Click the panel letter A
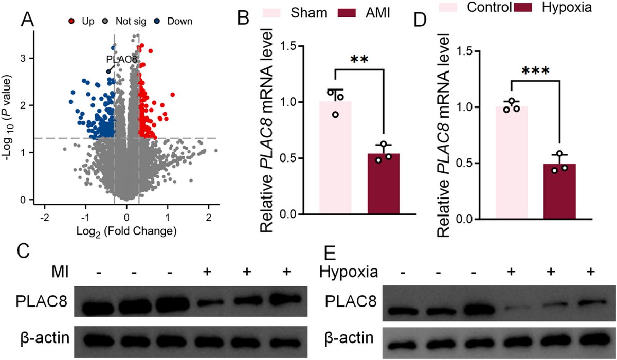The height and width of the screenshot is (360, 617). (x=28, y=21)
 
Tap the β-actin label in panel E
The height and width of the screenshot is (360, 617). (x=350, y=339)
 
